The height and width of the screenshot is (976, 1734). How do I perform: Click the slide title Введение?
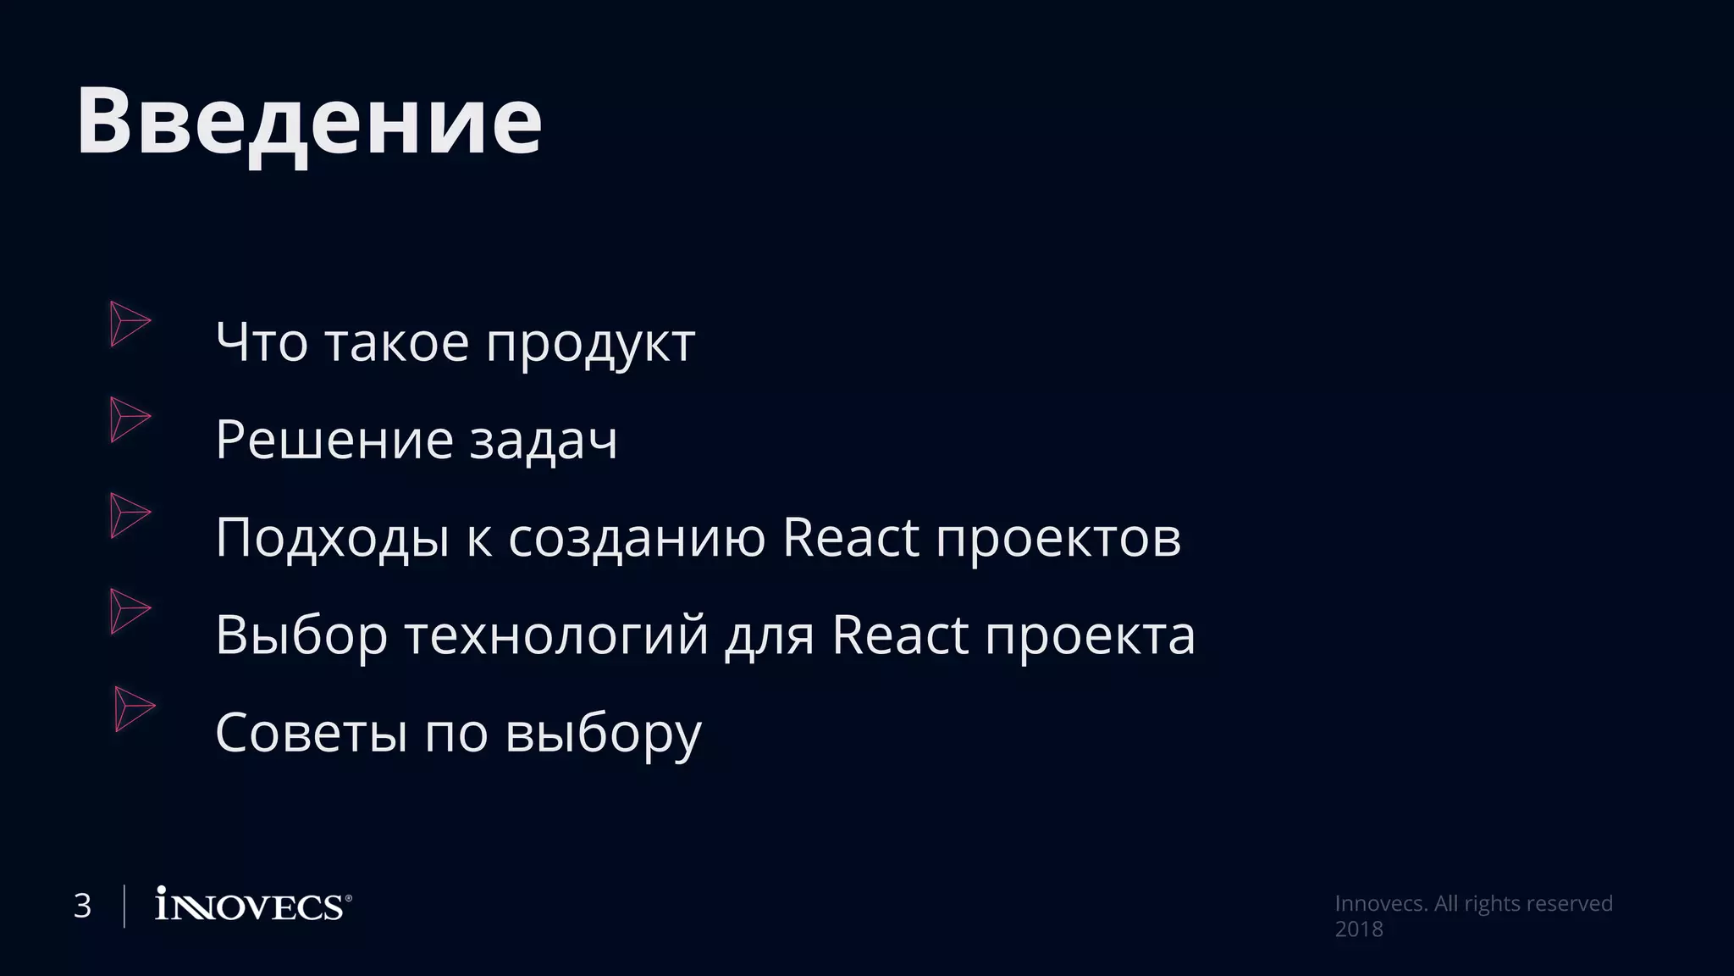pyautogui.click(x=309, y=121)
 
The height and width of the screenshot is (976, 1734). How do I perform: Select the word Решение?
pyautogui.click(x=334, y=441)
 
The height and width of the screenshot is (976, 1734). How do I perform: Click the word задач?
pyautogui.click(x=543, y=441)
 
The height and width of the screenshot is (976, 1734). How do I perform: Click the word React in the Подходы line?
pyautogui.click(x=850, y=537)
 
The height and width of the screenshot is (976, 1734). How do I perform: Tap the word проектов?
pyautogui.click(x=1058, y=539)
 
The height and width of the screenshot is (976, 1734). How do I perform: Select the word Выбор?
pyautogui.click(x=301, y=635)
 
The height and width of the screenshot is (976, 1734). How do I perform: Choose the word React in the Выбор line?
pyautogui.click(x=899, y=635)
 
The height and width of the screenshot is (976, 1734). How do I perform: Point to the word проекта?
pyautogui.click(x=1090, y=636)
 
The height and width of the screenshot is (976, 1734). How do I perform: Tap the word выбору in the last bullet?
pyautogui.click(x=604, y=734)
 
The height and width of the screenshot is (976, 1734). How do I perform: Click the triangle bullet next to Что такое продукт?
pyautogui.click(x=129, y=324)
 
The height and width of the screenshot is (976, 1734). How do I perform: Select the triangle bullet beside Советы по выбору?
pyautogui.click(x=134, y=708)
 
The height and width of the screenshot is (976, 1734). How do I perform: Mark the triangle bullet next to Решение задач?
pyautogui.click(x=129, y=419)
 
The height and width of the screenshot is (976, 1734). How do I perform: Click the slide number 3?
pyautogui.click(x=82, y=907)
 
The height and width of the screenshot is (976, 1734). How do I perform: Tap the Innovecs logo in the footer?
pyautogui.click(x=252, y=906)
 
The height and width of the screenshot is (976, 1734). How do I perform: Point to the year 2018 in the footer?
pyautogui.click(x=1359, y=929)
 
